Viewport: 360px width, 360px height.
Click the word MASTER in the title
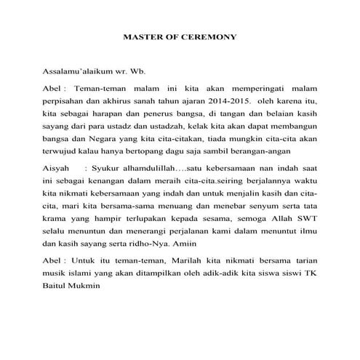coord(140,36)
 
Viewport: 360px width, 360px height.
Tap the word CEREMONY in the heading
coord(211,36)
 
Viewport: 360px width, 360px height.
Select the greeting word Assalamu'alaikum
coord(79,73)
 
